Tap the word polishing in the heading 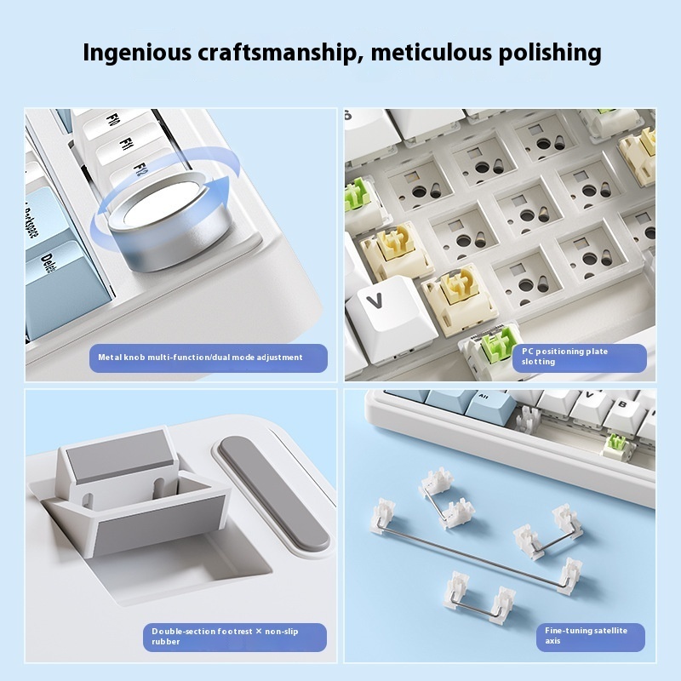click(x=549, y=53)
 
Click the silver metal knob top click(x=163, y=201)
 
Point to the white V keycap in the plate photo click(x=389, y=317)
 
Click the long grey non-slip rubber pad click(x=273, y=494)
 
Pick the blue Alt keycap click(x=486, y=407)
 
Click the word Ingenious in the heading click(x=137, y=53)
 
